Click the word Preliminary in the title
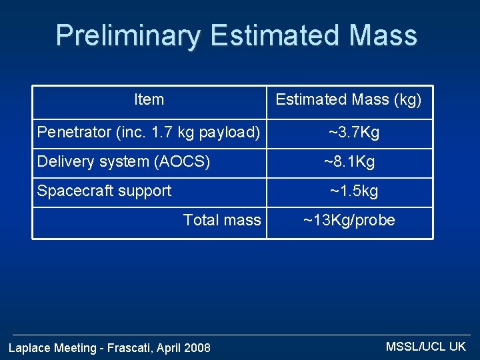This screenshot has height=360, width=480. pyautogui.click(x=128, y=37)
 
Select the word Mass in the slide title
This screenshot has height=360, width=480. pyautogui.click(x=383, y=35)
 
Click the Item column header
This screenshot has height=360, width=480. pyautogui.click(x=149, y=99)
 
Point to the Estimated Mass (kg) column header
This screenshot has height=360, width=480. pyautogui.click(x=349, y=100)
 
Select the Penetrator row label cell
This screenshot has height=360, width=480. pyautogui.click(x=149, y=133)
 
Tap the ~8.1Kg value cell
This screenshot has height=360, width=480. pyautogui.click(x=349, y=161)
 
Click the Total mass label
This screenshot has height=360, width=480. pyautogui.click(x=222, y=220)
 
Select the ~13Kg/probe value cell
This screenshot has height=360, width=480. pyautogui.click(x=349, y=221)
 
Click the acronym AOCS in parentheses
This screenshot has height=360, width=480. pyautogui.click(x=182, y=161)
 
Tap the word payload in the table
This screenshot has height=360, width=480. pyautogui.click(x=227, y=133)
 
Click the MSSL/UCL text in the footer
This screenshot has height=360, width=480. pyautogui.click(x=415, y=347)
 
